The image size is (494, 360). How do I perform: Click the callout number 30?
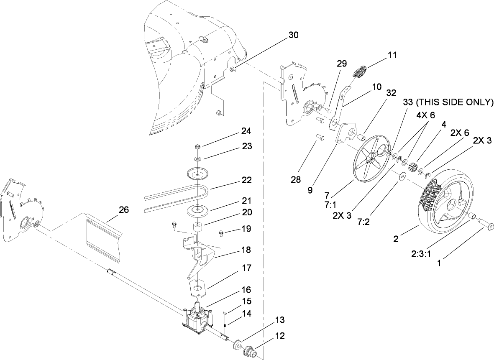point(293,35)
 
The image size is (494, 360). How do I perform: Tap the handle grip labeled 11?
point(360,71)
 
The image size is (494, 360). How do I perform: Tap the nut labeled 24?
point(197,147)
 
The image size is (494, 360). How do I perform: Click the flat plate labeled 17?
point(198,287)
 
